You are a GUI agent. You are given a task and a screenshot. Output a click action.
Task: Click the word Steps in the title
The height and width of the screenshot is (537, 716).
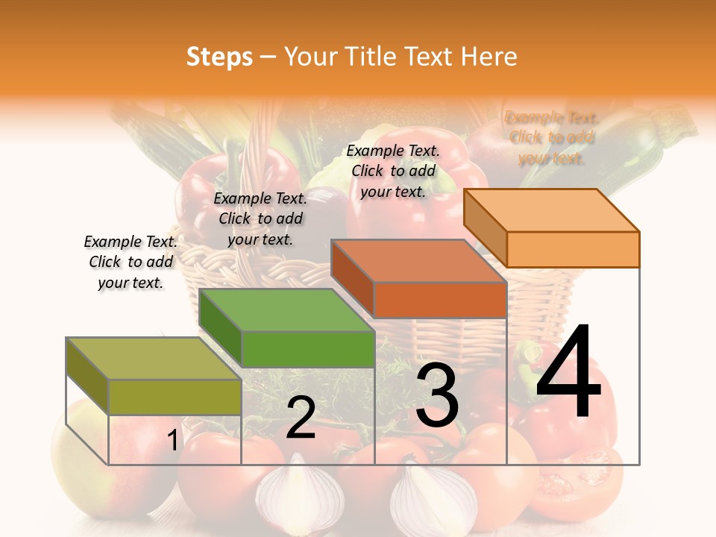[x=219, y=57]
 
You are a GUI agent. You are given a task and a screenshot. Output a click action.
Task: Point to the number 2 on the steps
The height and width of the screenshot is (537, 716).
[x=301, y=418]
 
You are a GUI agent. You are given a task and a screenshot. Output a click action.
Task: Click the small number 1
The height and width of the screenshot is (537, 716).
[x=173, y=440]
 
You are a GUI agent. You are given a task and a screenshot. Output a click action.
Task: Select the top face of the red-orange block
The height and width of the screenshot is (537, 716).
[x=419, y=261]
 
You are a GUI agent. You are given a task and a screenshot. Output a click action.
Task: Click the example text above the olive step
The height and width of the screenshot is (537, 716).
[x=131, y=262]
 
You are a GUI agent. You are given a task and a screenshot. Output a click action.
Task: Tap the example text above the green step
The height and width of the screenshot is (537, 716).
[x=260, y=219]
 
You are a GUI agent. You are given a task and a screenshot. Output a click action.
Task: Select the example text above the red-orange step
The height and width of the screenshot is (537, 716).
[x=393, y=171]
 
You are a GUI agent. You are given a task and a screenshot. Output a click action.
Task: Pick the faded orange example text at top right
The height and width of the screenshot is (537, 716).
[x=552, y=137]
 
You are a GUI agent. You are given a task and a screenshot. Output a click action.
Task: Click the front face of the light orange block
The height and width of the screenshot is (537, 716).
[x=573, y=249]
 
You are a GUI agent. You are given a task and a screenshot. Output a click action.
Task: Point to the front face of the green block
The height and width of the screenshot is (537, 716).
[x=308, y=349]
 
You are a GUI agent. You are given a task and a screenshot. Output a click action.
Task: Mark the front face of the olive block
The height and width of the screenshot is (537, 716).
[x=175, y=397]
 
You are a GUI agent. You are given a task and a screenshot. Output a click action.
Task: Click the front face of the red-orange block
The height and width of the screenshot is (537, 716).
[x=440, y=300]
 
